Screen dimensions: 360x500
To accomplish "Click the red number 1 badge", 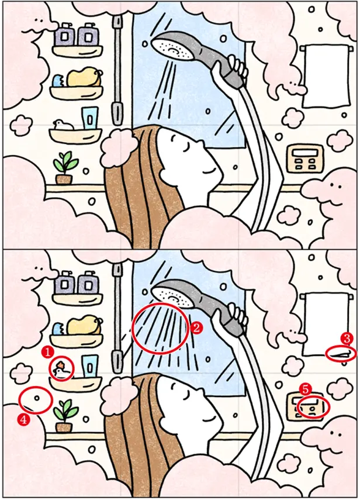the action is pos(48,352).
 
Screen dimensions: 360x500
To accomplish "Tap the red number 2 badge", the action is pos(196,327).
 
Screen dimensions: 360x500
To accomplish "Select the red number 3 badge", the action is pos(347,338).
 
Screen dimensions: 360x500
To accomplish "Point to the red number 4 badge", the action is pos(23,420).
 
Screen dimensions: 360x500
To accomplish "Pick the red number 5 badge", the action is pos(306,389).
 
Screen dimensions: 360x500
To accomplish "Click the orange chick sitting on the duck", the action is pos(61,364).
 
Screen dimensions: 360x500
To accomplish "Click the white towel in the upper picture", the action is pos(326,76).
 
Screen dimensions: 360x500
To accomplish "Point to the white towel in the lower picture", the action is pos(326,325).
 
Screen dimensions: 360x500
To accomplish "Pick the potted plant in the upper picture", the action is pos(65,168).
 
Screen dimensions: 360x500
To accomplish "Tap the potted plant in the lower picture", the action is pos(65,415).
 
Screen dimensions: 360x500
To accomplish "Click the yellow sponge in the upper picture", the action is pos(84,77).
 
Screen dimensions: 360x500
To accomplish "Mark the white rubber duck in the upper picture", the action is pos(63,125).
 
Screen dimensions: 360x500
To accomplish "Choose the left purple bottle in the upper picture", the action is pos(65,35).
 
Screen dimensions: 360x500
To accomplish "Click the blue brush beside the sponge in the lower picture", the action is pos(59,329).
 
